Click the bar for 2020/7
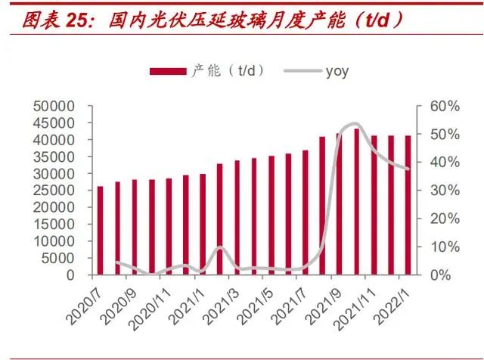(101, 230)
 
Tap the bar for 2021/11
(374, 205)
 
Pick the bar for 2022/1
(408, 205)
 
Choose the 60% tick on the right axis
(443, 107)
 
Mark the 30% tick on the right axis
(443, 191)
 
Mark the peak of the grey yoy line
(354, 123)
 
